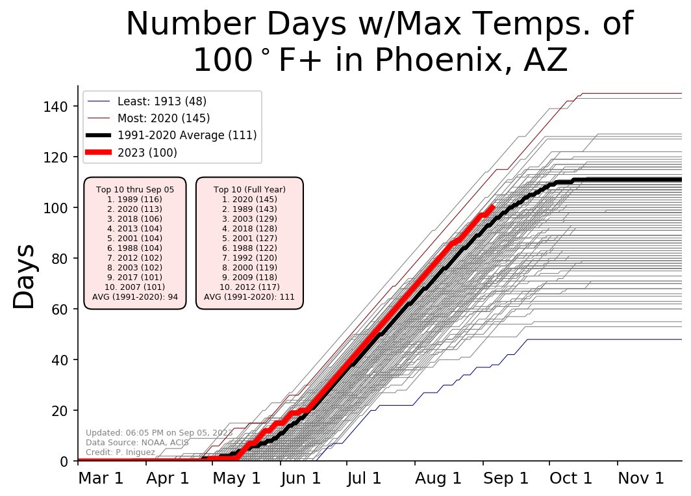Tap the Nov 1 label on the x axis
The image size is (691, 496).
pos(640,478)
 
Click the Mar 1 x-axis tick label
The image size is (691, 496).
pos(101,478)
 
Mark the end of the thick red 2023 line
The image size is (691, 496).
pos(493,207)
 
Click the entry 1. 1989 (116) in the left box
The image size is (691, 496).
pos(135,199)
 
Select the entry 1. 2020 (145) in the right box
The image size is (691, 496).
pos(249,199)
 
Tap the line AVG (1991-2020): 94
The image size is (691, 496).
pos(135,296)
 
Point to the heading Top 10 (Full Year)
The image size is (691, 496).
pos(249,189)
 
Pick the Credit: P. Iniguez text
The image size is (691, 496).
pos(120,452)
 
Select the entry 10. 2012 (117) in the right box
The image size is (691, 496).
pos(249,287)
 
